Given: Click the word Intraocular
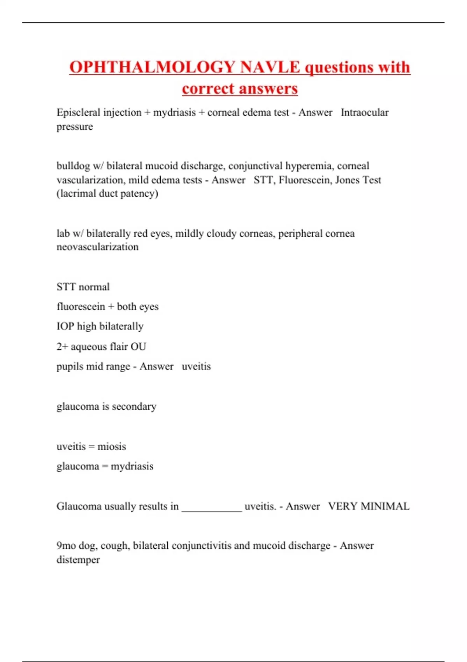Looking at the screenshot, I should (x=365, y=113).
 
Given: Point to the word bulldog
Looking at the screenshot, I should (x=73, y=166).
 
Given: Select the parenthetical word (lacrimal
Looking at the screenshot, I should (x=76, y=194).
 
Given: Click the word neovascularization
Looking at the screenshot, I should (x=97, y=247).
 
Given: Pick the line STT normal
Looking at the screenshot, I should (x=83, y=287).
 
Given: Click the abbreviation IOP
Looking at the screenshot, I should (x=65, y=326).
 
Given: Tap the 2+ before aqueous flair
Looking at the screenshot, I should (x=62, y=347).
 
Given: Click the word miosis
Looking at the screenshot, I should (x=112, y=447).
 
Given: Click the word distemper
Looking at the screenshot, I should (x=78, y=560).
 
